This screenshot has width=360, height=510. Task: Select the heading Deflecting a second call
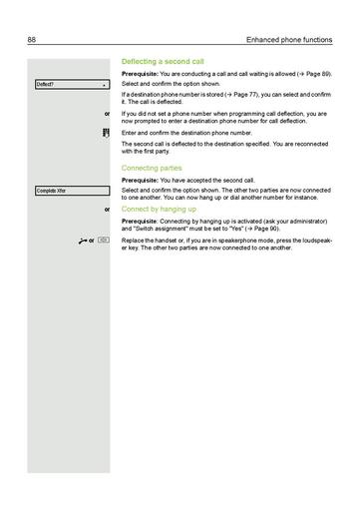click(162, 62)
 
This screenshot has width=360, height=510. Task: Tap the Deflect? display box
click(70, 85)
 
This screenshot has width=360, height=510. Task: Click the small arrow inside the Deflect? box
click(104, 85)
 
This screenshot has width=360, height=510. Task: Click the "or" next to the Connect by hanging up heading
click(107, 211)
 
